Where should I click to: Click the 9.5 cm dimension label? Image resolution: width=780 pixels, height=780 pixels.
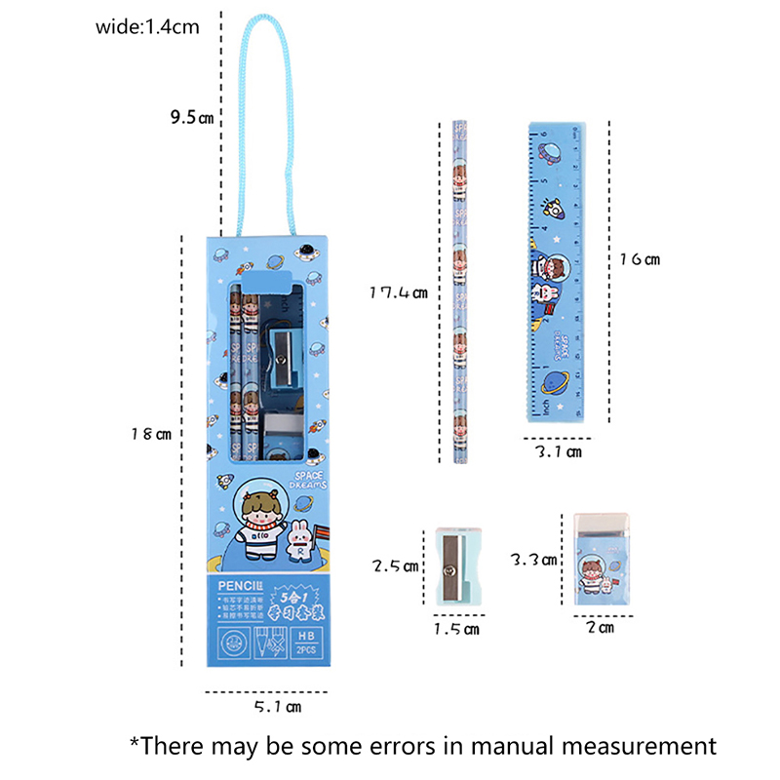coord(190,118)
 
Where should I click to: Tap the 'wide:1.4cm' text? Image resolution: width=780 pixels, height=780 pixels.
coord(147,27)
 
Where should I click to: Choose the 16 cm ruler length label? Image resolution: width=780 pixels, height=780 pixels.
coord(642,259)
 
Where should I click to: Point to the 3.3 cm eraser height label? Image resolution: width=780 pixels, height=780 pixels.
coord(534,560)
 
